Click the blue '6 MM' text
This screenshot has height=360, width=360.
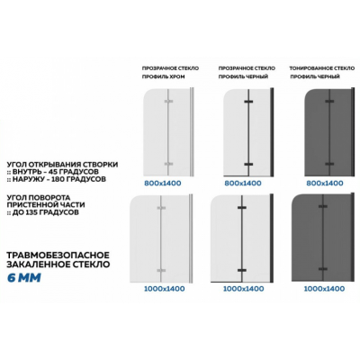click(24, 278)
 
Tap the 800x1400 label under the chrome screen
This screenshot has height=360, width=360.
click(163, 183)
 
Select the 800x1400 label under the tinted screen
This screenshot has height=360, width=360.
click(325, 183)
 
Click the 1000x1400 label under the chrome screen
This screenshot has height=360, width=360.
click(164, 289)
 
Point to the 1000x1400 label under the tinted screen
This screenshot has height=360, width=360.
click(324, 289)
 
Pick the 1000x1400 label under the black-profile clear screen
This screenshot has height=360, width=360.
click(244, 289)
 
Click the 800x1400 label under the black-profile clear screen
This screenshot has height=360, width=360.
click(243, 183)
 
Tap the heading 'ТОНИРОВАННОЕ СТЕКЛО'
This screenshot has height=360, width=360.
click(322, 68)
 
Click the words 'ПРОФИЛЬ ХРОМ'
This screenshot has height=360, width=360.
click(164, 76)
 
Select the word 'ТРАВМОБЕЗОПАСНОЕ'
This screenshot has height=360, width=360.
click(58, 256)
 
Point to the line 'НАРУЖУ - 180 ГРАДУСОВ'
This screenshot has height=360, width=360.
click(59, 179)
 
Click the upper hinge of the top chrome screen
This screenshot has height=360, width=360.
click(168, 102)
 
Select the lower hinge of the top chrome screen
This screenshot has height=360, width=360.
click(168, 164)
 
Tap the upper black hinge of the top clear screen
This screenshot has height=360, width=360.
click(248, 102)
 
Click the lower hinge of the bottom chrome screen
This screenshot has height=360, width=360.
click(161, 270)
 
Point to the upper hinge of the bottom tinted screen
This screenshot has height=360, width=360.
click(323, 206)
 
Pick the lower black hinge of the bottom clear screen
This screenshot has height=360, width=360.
click(242, 270)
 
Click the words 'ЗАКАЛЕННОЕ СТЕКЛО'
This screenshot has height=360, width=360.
click(58, 265)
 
